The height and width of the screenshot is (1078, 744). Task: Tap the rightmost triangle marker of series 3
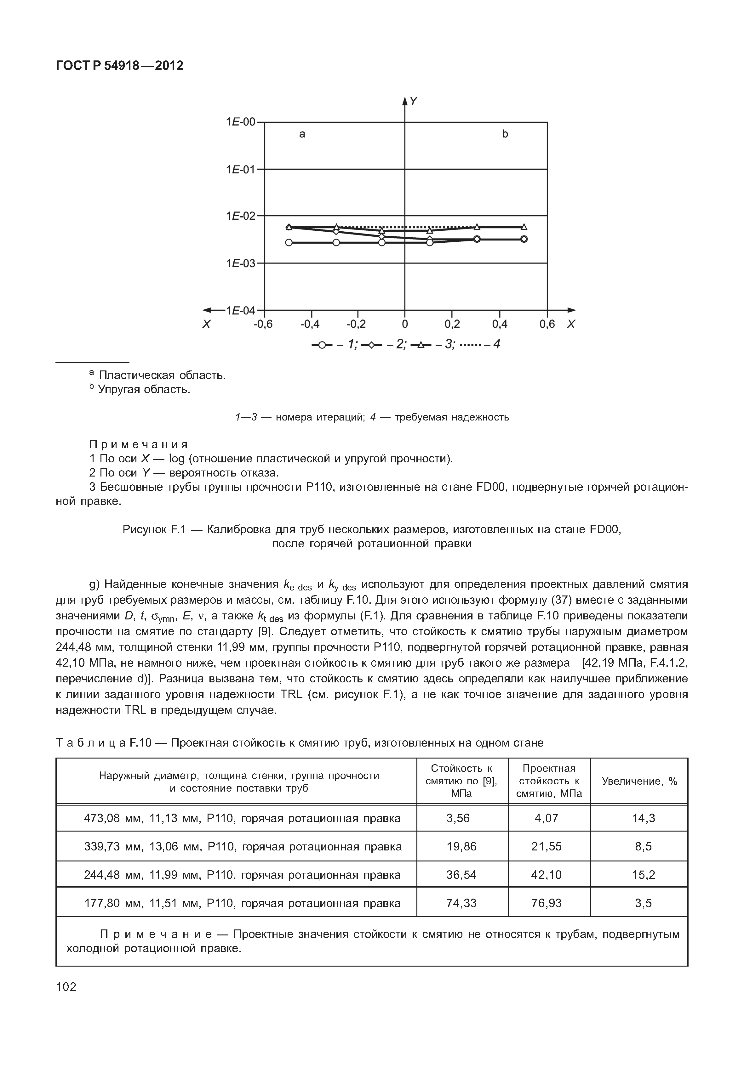point(524,227)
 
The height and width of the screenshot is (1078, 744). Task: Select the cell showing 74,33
point(461,903)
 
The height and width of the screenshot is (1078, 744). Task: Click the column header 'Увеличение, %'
point(639,781)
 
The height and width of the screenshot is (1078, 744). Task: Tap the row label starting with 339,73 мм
point(243,846)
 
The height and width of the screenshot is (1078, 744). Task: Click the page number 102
point(66,987)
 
